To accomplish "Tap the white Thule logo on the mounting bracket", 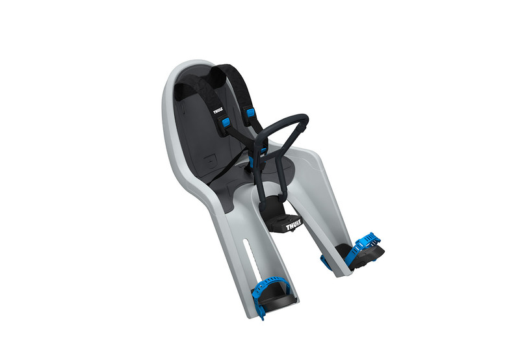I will click(294, 226).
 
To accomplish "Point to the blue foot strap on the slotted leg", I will click(268, 287).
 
